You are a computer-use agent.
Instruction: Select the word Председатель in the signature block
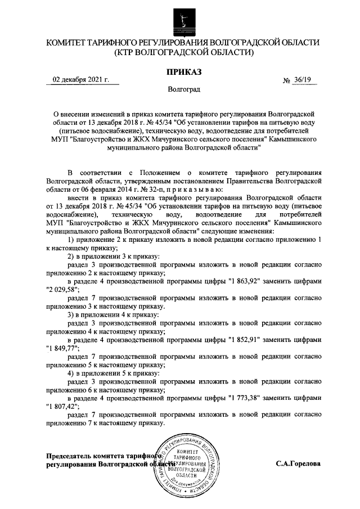click(69, 456)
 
